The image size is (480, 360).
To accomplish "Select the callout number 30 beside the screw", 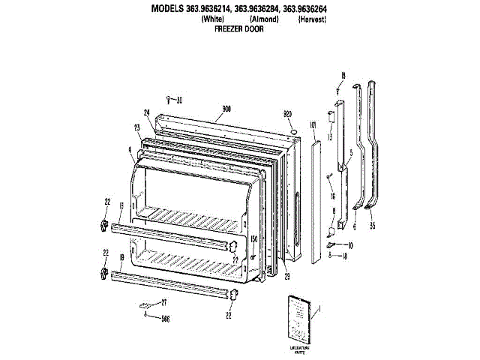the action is [x=179, y=100].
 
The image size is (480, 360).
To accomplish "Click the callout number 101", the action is [x=312, y=124].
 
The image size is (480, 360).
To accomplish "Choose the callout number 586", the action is [x=164, y=317].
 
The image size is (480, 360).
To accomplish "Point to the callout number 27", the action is [x=164, y=301].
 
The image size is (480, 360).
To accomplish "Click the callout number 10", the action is [x=350, y=245].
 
